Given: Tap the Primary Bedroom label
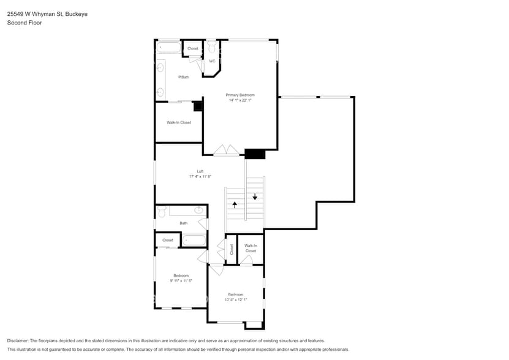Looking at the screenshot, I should coord(239,95).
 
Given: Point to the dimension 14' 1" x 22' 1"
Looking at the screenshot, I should coord(239,100).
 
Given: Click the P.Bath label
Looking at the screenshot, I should coord(183,77).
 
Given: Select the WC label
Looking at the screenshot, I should coord(212,61).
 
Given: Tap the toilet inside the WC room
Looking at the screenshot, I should coord(211,47).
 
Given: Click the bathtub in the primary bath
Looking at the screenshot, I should coord(168,48).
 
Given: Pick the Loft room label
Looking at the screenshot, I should coord(200,171).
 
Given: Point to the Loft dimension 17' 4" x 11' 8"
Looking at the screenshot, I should coord(200,177).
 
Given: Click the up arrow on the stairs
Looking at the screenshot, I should coord(235,204).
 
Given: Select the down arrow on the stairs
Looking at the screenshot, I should coord(255,197).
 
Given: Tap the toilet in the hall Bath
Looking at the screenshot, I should coord(162,211).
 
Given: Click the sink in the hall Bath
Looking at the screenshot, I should coord(198,211).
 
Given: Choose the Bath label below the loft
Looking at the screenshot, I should coord(183,223).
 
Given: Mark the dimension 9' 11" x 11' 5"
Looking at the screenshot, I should coord(181,281).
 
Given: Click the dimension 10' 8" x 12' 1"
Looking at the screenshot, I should coord(236,300).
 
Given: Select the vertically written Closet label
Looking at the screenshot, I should coord(232,249).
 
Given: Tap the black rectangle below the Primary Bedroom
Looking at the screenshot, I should coord(255,154).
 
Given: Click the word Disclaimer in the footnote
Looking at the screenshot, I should coord(20,340).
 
